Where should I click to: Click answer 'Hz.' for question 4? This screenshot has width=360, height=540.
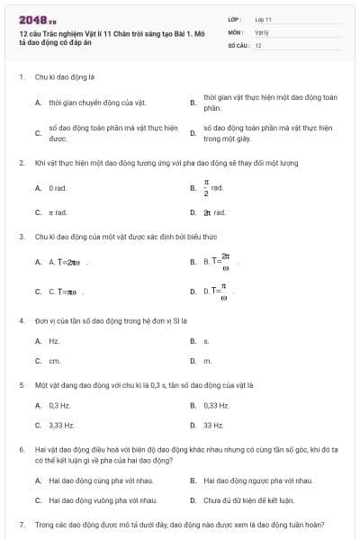point(54,341)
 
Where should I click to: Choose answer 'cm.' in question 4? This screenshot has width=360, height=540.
point(54,361)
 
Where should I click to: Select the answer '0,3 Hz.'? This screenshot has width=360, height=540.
point(60,405)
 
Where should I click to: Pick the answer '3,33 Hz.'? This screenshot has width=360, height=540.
point(62,425)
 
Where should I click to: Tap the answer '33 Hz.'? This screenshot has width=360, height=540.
point(213,425)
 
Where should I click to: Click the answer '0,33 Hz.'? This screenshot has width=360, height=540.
point(217,405)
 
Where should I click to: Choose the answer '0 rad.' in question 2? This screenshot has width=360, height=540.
point(58,188)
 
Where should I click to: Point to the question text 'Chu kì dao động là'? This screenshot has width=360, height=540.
point(65,77)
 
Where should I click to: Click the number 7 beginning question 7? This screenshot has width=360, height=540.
point(21,524)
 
